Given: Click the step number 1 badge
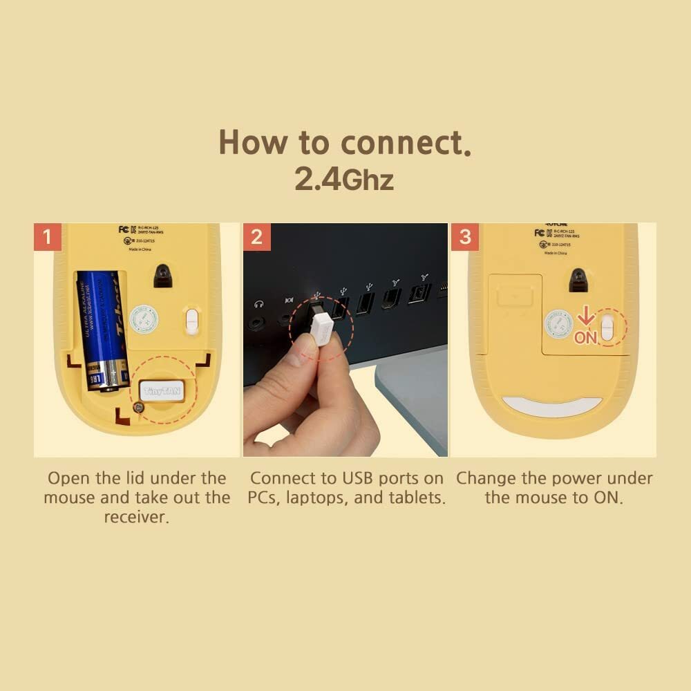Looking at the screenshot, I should tap(47, 237).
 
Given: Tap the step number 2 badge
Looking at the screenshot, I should tap(256, 237).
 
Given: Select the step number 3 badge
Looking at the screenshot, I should tap(464, 237).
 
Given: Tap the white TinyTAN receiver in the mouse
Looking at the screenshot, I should tap(160, 390).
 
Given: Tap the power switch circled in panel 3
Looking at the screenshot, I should tap(607, 327).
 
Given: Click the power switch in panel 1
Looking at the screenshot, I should tap(192, 319).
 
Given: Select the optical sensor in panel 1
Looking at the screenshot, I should tap(164, 276).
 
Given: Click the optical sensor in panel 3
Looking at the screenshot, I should tap(578, 280).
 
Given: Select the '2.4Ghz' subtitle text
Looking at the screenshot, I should tap(344, 178).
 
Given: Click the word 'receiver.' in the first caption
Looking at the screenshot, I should tap(137, 517).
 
